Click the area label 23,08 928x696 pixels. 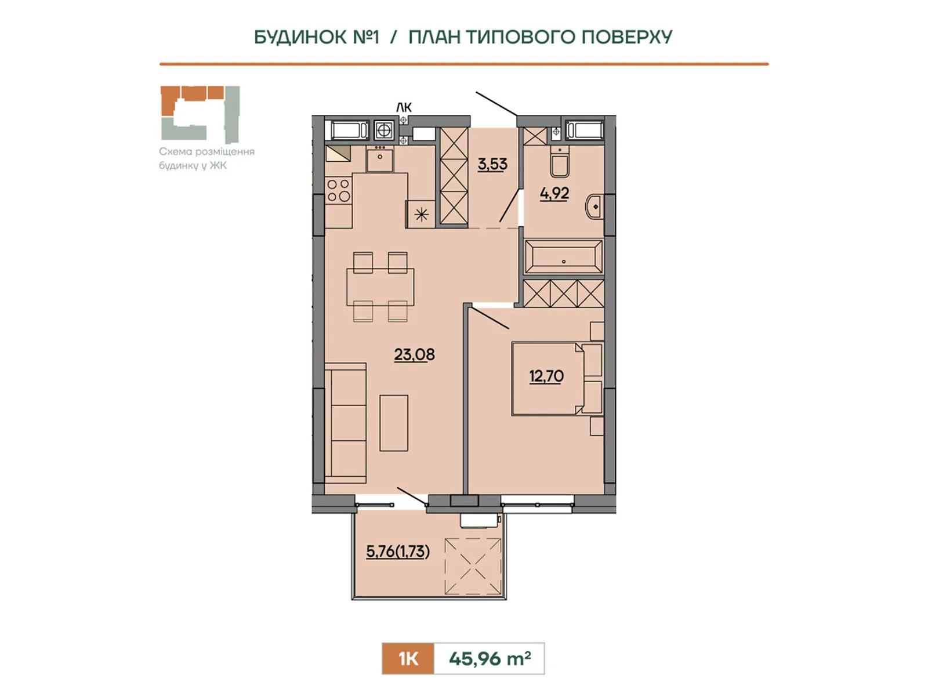(x=414, y=354)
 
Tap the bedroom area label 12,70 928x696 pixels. (x=546, y=376)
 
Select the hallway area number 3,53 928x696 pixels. (x=492, y=164)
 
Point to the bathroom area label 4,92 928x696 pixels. (x=554, y=194)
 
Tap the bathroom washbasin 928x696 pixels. (x=594, y=206)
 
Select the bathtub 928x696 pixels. (x=564, y=256)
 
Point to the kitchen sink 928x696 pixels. (x=380, y=159)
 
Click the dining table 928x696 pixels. (x=380, y=287)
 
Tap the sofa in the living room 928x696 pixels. (x=346, y=423)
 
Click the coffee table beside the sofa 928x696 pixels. (x=394, y=423)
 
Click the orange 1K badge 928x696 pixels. (x=408, y=659)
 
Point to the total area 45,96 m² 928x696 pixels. (x=490, y=658)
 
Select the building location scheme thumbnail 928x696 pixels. (x=201, y=114)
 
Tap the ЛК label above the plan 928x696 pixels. (x=404, y=107)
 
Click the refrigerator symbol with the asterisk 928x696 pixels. (x=421, y=214)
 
